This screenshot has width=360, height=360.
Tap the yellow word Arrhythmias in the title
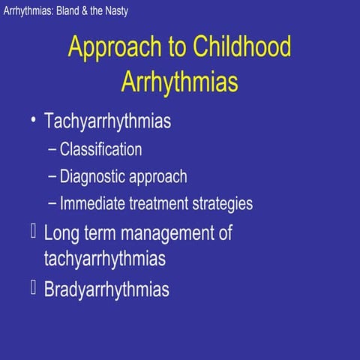(x=180, y=81)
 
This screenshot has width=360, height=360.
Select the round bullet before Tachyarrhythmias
(x=32, y=121)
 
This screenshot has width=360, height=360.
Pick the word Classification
(x=100, y=149)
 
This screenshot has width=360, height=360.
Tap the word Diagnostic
(x=94, y=177)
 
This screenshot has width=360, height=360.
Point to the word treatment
(x=158, y=203)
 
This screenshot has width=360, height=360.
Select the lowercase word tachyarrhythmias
(x=105, y=259)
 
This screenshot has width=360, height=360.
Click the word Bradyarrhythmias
(x=106, y=289)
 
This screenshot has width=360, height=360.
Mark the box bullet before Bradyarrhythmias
(x=32, y=286)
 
